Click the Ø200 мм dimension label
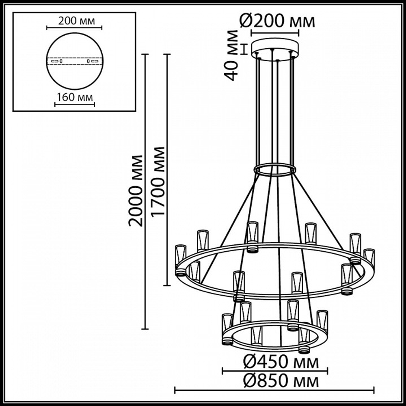276,22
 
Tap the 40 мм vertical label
232,55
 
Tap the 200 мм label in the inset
74,21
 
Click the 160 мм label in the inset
74,97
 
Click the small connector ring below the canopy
275,169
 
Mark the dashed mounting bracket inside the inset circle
74,61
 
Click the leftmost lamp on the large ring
180,260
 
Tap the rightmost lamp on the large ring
369,258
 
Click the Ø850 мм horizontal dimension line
274,391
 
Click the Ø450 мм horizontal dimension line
275,370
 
